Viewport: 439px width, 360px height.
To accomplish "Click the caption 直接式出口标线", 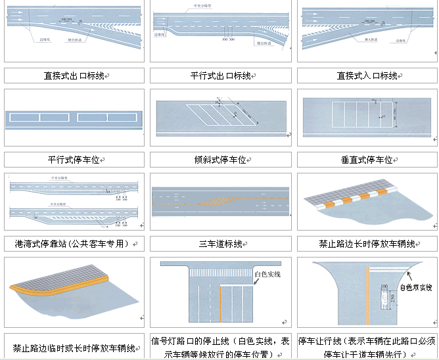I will (74, 76).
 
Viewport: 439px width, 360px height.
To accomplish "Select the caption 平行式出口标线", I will (220, 76).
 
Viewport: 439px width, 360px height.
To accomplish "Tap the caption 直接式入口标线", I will (367, 76).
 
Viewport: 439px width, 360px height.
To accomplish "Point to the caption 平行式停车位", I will (74, 160).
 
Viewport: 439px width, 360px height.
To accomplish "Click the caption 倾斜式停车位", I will (220, 160).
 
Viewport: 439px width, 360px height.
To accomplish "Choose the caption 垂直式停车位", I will (367, 160).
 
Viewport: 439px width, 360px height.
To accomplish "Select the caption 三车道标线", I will (220, 244).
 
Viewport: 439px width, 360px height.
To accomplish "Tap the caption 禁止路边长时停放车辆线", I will (367, 244).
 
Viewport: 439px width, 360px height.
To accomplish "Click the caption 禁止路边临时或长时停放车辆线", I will (74, 348).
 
